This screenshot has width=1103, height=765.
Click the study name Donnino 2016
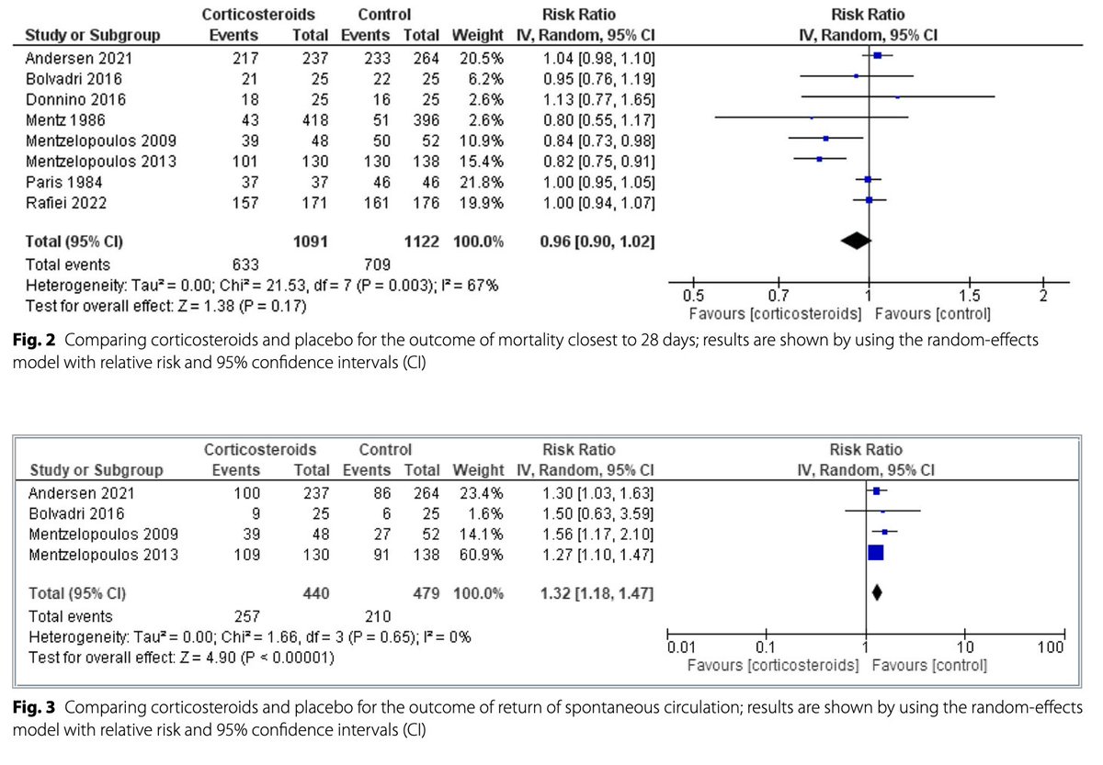coord(63,98)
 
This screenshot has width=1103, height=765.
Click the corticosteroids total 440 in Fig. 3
coord(315,593)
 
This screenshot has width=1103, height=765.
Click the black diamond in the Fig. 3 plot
coord(876,593)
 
